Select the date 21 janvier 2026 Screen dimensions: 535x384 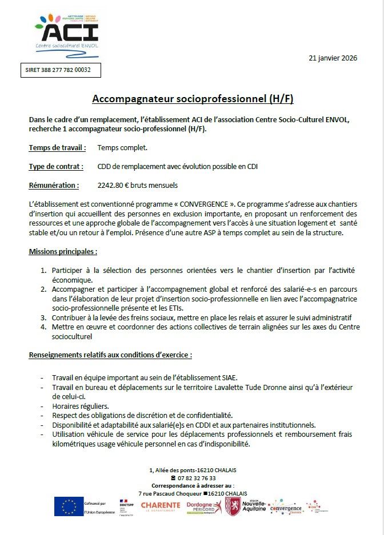pos(333,58)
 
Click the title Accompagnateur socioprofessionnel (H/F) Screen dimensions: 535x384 pos(193,99)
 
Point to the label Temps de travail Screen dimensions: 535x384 pos(57,148)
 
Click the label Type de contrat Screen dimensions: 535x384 pos(56,167)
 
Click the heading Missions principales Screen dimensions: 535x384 pos(63,251)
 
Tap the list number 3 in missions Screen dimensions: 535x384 pos(43,317)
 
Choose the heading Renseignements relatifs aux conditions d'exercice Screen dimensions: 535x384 pos(110,355)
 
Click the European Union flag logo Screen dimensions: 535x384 pos(69,506)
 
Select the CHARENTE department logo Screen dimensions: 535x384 pos(161,506)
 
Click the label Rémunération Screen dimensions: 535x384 pos(54,186)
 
